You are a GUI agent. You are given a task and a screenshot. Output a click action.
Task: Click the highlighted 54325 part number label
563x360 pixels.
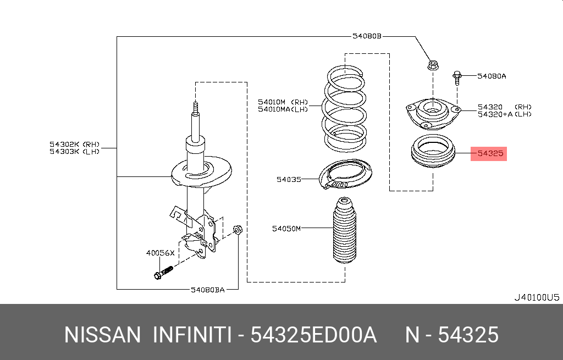tap(490, 154)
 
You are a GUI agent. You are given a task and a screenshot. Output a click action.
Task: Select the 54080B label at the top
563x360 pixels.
tap(367, 37)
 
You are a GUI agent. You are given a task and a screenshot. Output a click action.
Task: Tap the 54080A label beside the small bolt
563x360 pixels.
tap(492, 76)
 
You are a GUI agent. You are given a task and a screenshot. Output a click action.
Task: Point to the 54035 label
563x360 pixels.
tap(289, 179)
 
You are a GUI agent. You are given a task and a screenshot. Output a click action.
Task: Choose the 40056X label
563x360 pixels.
tap(160, 253)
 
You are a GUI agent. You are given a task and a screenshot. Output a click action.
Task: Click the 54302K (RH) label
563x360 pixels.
tap(74, 144)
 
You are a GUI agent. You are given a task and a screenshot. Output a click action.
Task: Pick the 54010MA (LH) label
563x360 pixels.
tap(283, 109)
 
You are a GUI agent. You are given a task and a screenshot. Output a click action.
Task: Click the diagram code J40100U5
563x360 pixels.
tap(536, 298)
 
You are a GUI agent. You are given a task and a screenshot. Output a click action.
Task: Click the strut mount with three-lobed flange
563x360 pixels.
tap(433, 113)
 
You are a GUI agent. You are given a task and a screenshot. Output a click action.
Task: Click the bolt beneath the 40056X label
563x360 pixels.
tap(163, 272)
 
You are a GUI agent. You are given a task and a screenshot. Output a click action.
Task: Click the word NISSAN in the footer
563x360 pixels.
tap(103, 335)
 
